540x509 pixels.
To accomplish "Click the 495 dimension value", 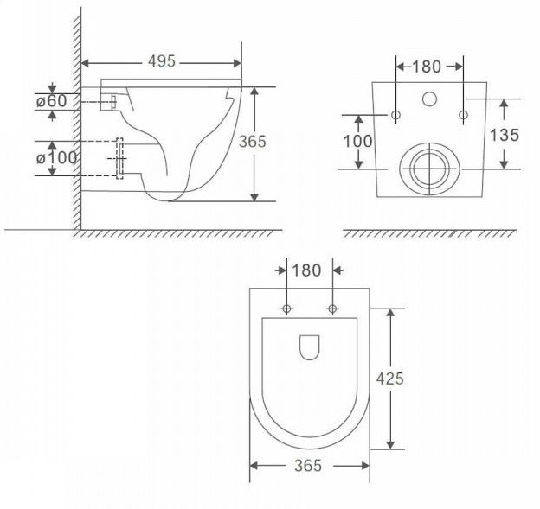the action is [162, 61].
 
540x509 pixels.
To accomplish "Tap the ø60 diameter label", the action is [51, 101].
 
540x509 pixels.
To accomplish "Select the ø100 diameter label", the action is [56, 158].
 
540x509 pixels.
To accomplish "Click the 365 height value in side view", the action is [253, 142].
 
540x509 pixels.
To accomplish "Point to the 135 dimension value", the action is [505, 135].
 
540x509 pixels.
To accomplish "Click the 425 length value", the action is [389, 379].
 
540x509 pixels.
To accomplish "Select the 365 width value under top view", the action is [308, 466].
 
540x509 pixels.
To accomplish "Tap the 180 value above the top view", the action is [306, 270].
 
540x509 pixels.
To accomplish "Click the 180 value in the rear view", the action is [427, 67].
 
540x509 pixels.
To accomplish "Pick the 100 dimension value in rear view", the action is [357, 141].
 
